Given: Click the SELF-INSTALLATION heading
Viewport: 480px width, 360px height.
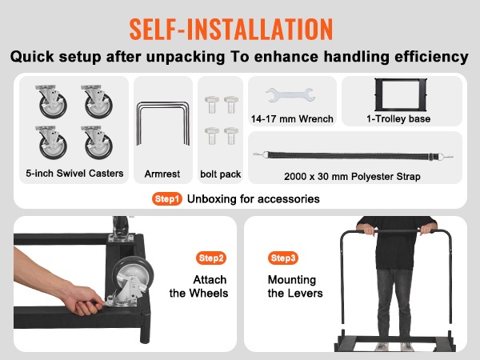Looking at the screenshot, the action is coord(231,30).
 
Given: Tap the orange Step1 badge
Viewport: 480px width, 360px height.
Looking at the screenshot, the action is coord(167,199).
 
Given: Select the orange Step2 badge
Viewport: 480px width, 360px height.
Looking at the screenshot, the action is coord(211,258).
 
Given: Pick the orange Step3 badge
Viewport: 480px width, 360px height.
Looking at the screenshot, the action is coord(283,258).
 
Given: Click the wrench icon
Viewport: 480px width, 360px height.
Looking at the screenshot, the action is coord(290,94).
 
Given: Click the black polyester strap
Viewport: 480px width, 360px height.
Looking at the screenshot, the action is coord(353,156).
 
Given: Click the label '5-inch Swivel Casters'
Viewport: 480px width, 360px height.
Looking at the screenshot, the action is coord(74,174).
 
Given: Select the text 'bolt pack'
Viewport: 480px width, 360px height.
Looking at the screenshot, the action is coord(221,174).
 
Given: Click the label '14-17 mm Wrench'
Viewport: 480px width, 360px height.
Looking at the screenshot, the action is coord(292,118).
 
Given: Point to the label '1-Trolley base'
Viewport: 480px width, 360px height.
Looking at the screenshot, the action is coord(398,118).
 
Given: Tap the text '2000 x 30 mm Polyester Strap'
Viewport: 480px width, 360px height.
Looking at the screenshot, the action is coord(352,177).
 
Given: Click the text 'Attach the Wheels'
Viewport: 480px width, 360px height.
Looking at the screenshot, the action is coord(198,286).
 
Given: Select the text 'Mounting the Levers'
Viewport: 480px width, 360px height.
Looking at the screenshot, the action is coord(295,286).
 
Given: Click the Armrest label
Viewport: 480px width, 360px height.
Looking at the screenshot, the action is coord(162,174).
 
